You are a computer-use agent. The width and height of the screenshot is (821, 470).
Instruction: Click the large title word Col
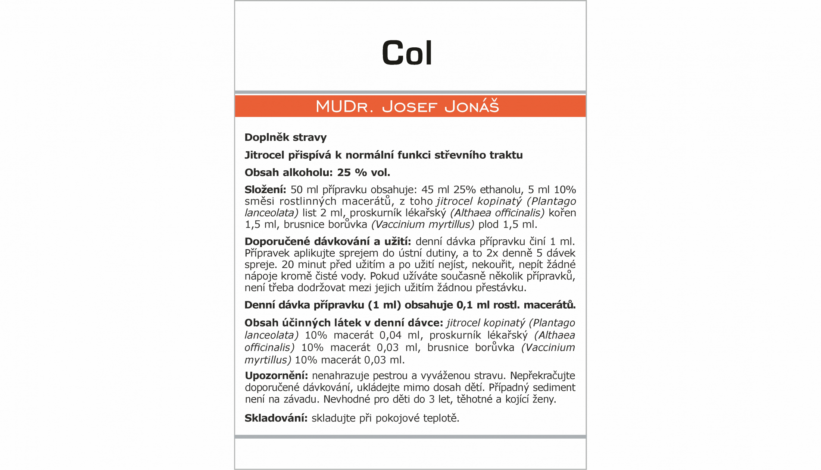407,53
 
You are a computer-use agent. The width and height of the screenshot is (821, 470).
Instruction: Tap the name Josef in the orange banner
409,107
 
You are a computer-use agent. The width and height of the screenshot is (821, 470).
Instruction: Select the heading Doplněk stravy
285,138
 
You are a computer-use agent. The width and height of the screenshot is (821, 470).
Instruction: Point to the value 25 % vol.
363,173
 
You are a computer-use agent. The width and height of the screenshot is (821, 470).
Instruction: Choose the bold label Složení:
265,190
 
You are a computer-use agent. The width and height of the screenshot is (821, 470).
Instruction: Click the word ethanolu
502,190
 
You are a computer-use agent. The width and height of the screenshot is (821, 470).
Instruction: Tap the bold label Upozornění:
276,376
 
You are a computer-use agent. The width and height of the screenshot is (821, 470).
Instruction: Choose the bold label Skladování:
276,418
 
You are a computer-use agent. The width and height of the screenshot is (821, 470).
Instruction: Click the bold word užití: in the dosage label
397,242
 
